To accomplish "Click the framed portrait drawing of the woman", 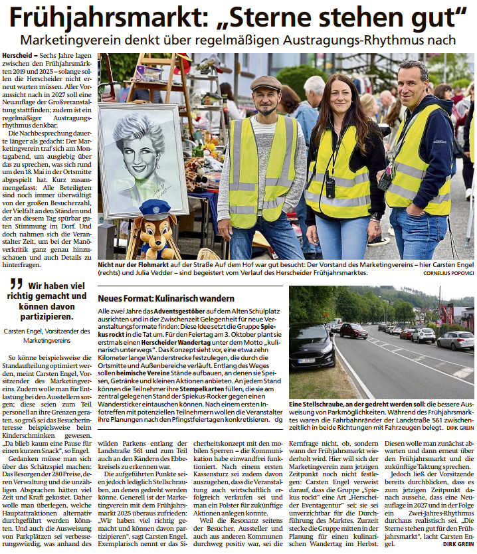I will pos(142,159).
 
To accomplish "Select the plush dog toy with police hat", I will pos(153,230).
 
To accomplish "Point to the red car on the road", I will pos(354,330).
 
